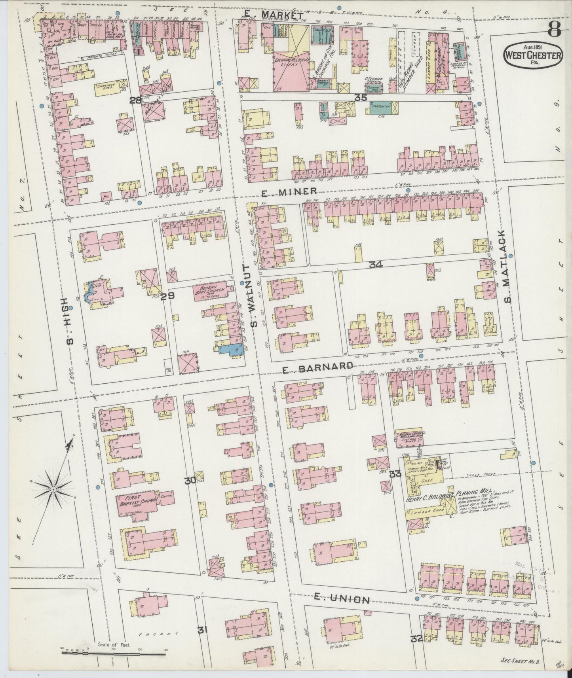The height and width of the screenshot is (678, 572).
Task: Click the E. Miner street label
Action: [x=289, y=191]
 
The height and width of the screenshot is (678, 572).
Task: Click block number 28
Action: [x=136, y=100]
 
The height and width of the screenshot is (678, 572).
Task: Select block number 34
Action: [x=375, y=265]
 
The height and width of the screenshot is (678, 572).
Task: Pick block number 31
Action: [x=202, y=640]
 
